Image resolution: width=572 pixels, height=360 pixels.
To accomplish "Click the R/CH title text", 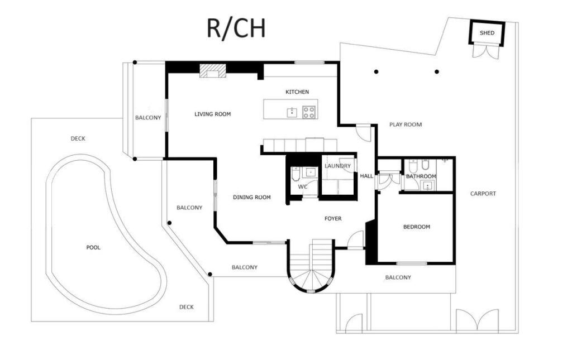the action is (x=236, y=28).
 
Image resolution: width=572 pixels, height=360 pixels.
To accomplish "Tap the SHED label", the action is (x=487, y=33).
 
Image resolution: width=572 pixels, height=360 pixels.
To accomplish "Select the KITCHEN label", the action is (x=297, y=92).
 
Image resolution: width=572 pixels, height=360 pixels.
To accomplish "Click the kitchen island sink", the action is (x=292, y=113).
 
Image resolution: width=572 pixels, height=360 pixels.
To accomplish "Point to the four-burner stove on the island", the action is (x=309, y=112).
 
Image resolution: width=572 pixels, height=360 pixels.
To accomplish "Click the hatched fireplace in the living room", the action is (x=213, y=71).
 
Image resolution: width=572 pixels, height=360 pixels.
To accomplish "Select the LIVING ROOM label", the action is (x=212, y=114).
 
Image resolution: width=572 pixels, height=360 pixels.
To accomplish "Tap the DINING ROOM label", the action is (x=252, y=197).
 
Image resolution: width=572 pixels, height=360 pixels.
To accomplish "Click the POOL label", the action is (x=93, y=247).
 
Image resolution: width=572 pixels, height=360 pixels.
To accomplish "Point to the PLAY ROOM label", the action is (x=406, y=124).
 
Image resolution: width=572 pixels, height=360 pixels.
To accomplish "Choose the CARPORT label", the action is (x=483, y=194).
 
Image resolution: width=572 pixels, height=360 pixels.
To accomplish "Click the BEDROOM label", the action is (x=417, y=227).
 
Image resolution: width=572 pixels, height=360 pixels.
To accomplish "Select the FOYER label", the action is (x=333, y=219).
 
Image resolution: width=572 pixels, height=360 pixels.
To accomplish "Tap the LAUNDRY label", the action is (x=337, y=166).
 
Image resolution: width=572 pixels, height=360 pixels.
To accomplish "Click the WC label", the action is (x=303, y=187).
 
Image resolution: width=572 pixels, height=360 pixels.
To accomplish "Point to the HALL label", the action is (x=366, y=176).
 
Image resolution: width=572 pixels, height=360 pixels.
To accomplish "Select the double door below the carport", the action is (x=477, y=320).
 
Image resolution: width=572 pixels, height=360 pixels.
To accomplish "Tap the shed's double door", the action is (x=485, y=50).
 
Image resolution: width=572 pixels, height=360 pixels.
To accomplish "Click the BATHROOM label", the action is (x=421, y=176).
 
